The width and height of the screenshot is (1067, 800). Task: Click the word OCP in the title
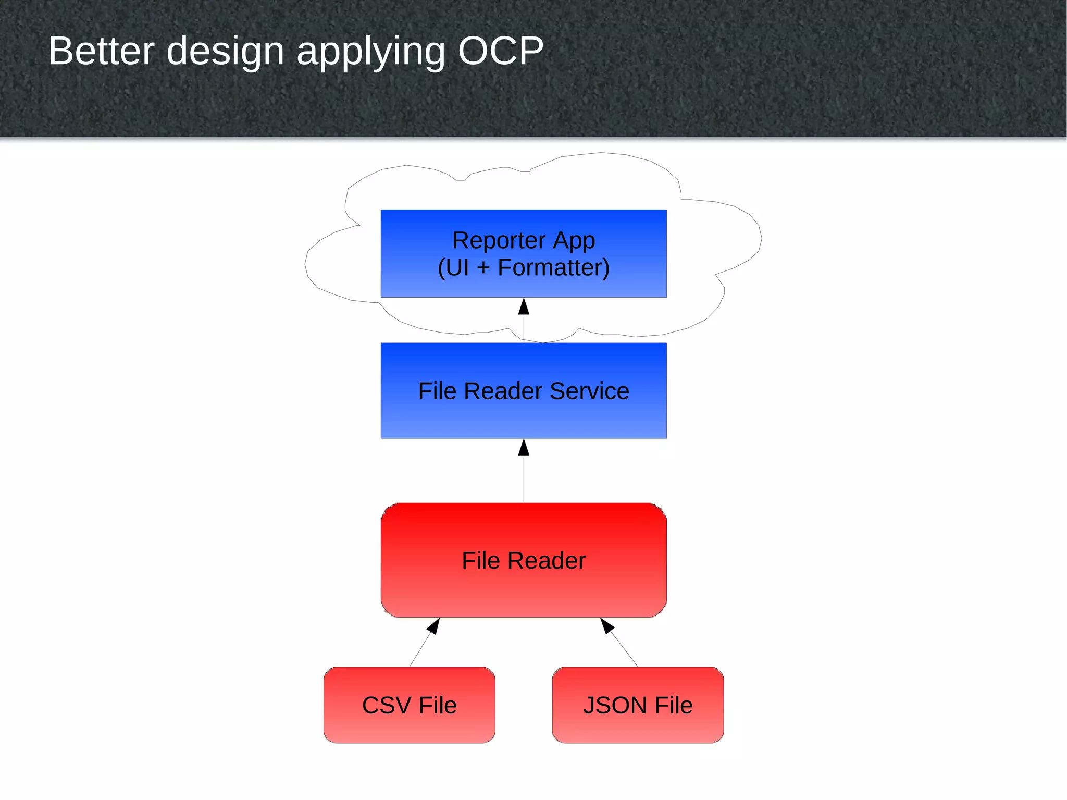click(500, 51)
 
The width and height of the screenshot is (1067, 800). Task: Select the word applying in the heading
click(370, 52)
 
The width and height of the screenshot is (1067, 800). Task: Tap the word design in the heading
click(225, 51)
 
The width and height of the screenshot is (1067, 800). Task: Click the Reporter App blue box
click(524, 253)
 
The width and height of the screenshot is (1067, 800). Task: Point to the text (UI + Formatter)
click(524, 267)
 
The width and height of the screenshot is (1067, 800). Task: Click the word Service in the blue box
click(589, 391)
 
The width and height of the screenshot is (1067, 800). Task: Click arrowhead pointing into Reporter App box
click(524, 307)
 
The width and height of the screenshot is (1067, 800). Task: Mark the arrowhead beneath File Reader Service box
click(524, 448)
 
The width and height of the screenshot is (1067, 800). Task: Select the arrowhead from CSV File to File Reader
click(434, 625)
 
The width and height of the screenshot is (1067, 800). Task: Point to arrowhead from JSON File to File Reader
click(606, 625)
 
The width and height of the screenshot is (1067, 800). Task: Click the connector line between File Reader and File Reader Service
click(524, 479)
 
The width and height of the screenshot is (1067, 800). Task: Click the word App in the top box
click(574, 240)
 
